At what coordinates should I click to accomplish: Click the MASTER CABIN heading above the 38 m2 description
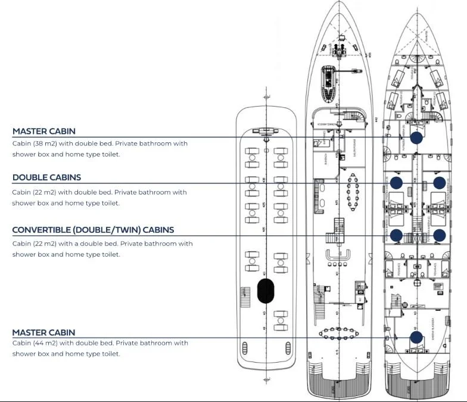tap(43, 131)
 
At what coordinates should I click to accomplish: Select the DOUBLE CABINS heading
tap(46, 177)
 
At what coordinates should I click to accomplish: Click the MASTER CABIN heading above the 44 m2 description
tap(43, 332)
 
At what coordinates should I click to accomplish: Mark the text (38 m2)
tap(45, 144)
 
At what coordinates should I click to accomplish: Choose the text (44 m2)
tap(45, 343)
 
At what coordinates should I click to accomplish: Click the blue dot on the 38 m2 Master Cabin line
tap(416, 138)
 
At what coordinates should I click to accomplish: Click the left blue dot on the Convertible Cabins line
tap(397, 235)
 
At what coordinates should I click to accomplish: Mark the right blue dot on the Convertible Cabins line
tap(439, 235)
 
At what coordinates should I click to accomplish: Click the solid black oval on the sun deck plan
tap(265, 291)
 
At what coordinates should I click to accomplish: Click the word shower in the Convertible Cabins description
tap(24, 254)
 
